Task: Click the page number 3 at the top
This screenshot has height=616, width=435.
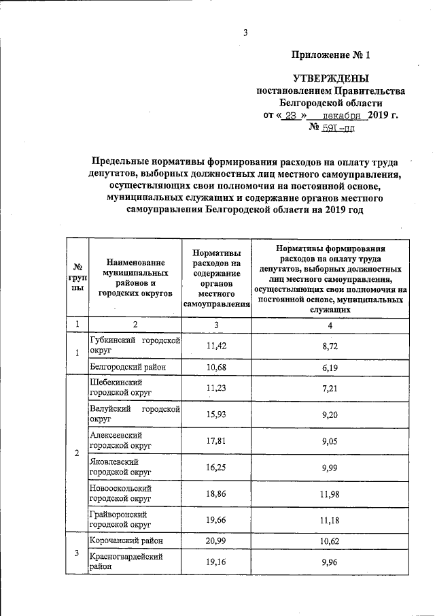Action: [245, 32]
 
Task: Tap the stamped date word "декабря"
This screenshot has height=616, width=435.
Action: [343, 115]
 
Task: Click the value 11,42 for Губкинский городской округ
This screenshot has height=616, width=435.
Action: [216, 346]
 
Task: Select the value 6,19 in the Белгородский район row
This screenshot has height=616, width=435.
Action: [330, 367]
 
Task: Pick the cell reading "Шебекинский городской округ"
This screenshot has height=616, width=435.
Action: [120, 388]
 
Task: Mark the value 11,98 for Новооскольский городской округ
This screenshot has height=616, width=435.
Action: [330, 493]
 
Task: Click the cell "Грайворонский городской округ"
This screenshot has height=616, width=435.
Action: [120, 520]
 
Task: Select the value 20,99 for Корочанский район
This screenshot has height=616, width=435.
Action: [216, 540]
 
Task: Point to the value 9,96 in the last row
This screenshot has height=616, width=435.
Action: [330, 563]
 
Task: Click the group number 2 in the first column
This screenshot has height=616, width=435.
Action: [77, 453]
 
